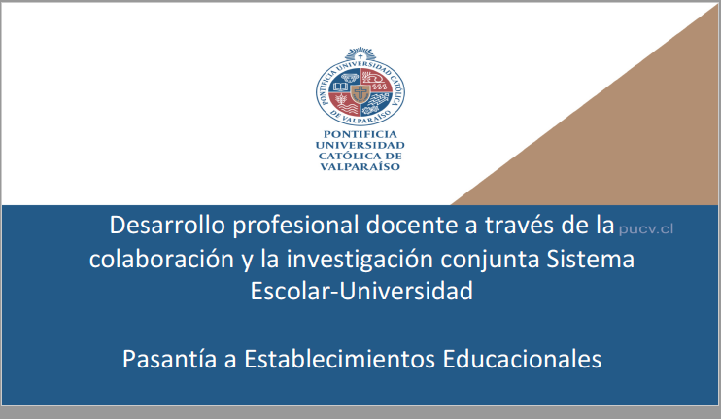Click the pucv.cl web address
pos(645,229)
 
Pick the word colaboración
pos(152,260)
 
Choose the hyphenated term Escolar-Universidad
pos(361,291)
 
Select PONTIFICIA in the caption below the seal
pos(360,134)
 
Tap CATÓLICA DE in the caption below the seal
pos(360,156)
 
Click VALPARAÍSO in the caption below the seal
pos(360,166)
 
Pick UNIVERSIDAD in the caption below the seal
pos(360,145)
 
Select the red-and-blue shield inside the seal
pos(360,93)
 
